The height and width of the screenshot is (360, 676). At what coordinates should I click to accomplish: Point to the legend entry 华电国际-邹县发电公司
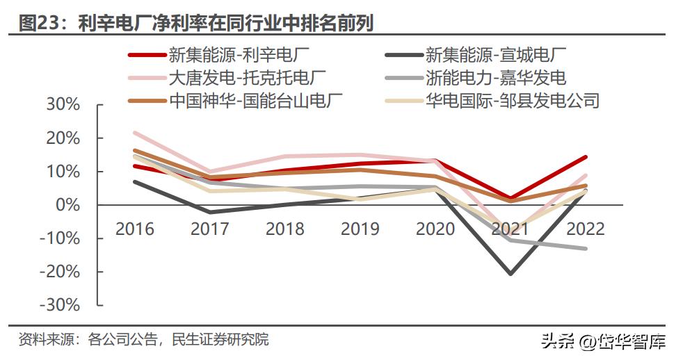tap(512, 100)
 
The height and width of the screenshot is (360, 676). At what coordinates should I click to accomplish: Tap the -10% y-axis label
tap(61, 238)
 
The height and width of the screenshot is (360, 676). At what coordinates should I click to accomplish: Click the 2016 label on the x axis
tap(134, 228)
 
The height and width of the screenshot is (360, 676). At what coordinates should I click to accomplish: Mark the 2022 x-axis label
tap(586, 228)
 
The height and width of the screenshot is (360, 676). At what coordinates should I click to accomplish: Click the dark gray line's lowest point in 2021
tap(510, 274)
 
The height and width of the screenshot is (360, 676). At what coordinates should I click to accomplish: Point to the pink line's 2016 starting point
tap(134, 132)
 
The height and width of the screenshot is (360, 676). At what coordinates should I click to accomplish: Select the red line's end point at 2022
tap(586, 157)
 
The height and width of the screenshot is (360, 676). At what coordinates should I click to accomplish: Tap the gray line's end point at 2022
tap(586, 248)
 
